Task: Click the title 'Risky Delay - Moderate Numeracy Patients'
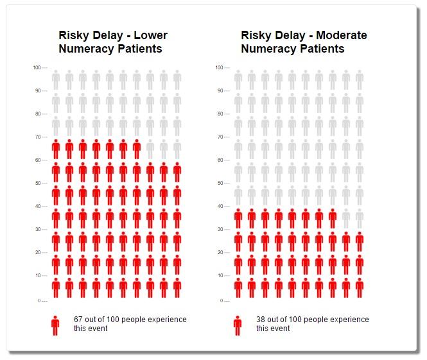(304, 42)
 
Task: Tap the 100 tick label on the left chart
(37, 67)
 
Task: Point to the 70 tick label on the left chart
(37, 137)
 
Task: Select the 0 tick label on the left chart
(39, 300)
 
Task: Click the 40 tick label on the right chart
(220, 206)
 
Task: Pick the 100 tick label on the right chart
(219, 67)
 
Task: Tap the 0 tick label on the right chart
(222, 300)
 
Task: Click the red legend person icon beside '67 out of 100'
(55, 325)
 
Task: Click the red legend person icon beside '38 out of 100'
(238, 325)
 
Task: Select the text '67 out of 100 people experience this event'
(130, 323)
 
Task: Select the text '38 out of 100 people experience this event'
(313, 323)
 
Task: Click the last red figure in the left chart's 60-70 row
(137, 149)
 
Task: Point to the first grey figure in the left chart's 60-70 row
(150, 149)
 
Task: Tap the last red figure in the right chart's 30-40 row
(333, 218)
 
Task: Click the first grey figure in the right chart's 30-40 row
(346, 218)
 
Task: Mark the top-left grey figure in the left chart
(56, 80)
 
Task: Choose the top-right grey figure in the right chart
(360, 80)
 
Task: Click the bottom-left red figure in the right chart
(238, 287)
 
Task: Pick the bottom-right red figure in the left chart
(177, 287)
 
